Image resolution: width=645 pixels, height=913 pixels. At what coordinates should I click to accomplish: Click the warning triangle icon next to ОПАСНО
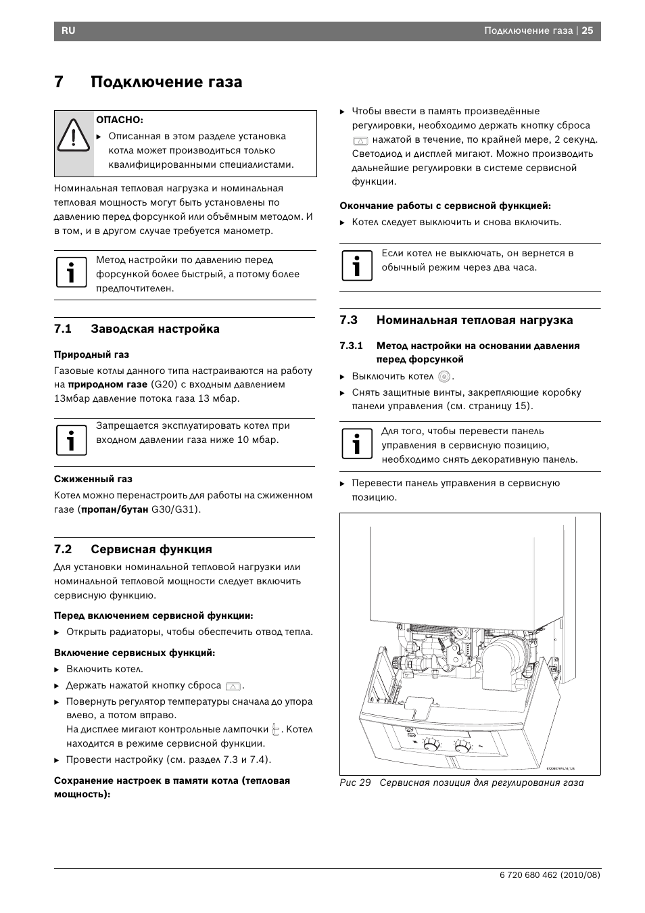[x=73, y=134]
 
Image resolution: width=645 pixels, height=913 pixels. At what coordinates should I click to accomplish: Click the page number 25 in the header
[x=588, y=30]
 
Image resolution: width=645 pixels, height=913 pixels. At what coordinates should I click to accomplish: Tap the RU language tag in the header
[x=68, y=31]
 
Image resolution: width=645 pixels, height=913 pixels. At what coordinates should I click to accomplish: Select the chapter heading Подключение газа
[x=166, y=82]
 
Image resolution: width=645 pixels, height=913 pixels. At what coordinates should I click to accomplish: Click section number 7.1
[x=63, y=329]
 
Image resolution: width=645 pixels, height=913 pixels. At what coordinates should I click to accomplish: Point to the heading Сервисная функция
[x=151, y=549]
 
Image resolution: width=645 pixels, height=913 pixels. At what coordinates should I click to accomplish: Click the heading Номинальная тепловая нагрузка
[x=474, y=320]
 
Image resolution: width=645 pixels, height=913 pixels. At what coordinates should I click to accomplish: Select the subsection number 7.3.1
[x=351, y=346]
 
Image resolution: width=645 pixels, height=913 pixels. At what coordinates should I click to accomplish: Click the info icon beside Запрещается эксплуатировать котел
[x=71, y=440]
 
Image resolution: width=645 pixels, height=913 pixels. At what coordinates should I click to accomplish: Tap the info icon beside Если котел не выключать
[x=356, y=266]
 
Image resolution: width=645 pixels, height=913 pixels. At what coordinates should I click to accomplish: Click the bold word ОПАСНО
[x=120, y=120]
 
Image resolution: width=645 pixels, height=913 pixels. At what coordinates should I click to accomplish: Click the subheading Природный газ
[x=91, y=354]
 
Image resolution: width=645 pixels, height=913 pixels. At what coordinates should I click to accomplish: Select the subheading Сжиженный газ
[x=93, y=479]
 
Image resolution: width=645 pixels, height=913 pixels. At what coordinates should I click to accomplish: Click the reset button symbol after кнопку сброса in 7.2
[x=234, y=686]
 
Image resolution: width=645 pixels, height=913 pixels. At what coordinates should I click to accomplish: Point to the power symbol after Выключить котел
[x=444, y=377]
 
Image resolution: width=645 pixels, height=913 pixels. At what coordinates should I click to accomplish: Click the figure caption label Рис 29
[x=355, y=783]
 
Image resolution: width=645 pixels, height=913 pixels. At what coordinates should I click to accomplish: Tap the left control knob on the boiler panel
[x=430, y=746]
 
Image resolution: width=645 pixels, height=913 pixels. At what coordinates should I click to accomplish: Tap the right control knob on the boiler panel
[x=462, y=747]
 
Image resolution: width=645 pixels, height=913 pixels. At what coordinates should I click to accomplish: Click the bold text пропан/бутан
[x=114, y=509]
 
